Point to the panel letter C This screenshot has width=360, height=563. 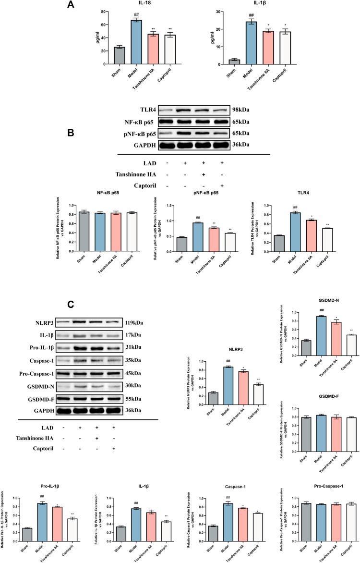[x=71, y=305]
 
